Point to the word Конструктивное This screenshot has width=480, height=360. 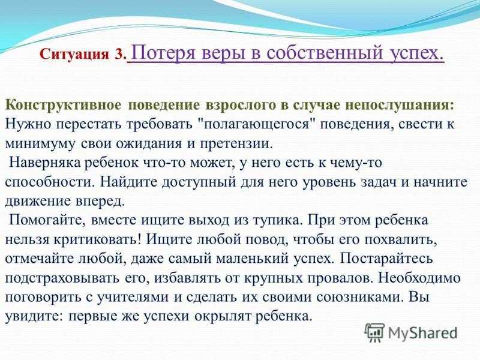pyautogui.click(x=64, y=104)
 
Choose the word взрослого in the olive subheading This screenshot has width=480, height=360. pyautogui.click(x=239, y=104)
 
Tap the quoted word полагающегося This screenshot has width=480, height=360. pyautogui.click(x=257, y=124)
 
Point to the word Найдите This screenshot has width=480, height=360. pyautogui.click(x=128, y=182)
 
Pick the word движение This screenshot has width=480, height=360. pyautogui.click(x=37, y=201)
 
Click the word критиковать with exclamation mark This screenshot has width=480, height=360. pyautogui.click(x=97, y=239)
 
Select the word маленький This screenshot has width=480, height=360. pyautogui.click(x=252, y=259)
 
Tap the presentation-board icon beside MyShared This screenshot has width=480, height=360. pyautogui.click(x=375, y=332)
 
